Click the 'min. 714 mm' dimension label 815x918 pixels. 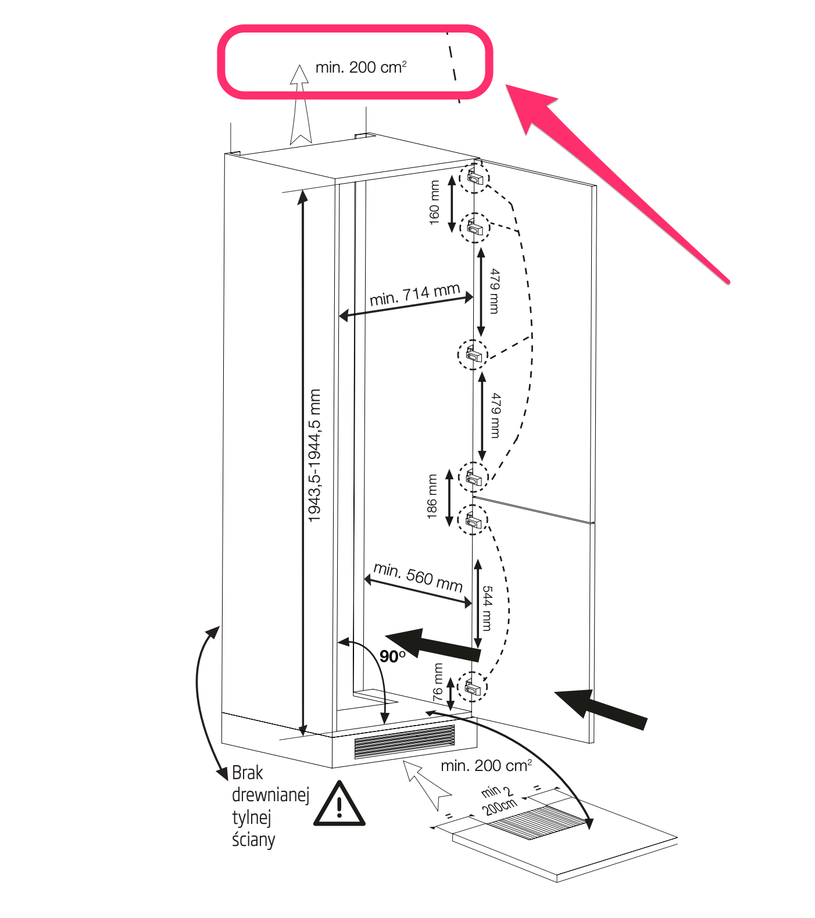coord(414,295)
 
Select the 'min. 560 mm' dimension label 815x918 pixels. coord(418,576)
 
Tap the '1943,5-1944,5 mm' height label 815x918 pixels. coord(314,456)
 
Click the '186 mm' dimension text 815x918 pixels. coord(432,497)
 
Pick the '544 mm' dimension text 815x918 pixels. coord(487,608)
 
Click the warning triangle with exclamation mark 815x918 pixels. coord(339,805)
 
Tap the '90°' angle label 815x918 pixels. coord(392,657)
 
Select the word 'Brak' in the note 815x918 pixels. coord(248,773)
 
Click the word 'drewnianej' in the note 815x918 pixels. coord(270,795)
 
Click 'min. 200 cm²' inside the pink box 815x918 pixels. coord(361,67)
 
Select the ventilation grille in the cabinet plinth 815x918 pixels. coord(405,742)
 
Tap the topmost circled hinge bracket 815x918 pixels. coord(474,177)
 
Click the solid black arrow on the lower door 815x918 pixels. coord(602,708)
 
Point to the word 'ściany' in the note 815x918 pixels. coord(253,840)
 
